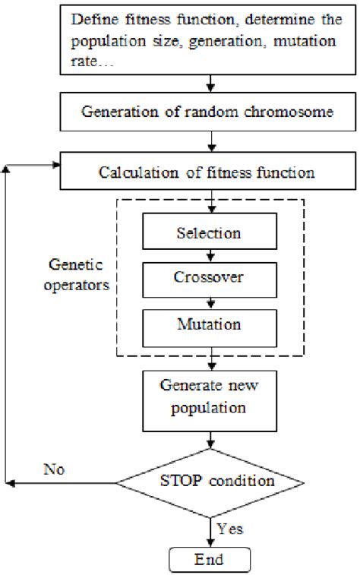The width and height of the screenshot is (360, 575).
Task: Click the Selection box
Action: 209,233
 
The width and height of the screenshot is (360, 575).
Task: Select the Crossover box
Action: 209,279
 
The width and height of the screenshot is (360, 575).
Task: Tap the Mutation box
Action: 209,324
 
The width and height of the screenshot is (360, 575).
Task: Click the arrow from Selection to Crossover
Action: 209,254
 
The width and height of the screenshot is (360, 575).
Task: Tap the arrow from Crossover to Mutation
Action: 209,301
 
